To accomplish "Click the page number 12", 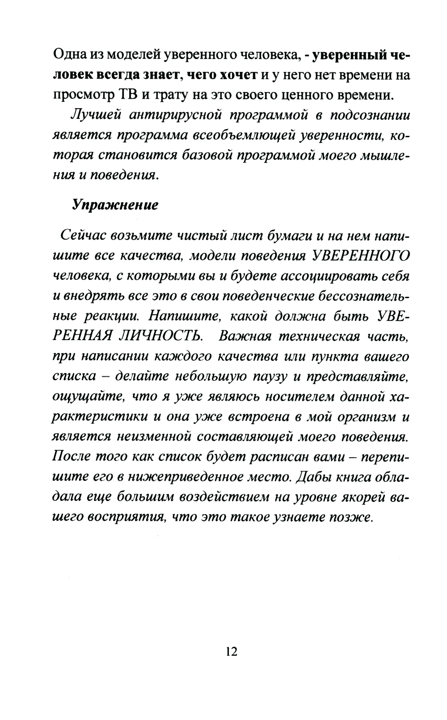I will (232, 651).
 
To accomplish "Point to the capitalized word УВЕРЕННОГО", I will (361, 256).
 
